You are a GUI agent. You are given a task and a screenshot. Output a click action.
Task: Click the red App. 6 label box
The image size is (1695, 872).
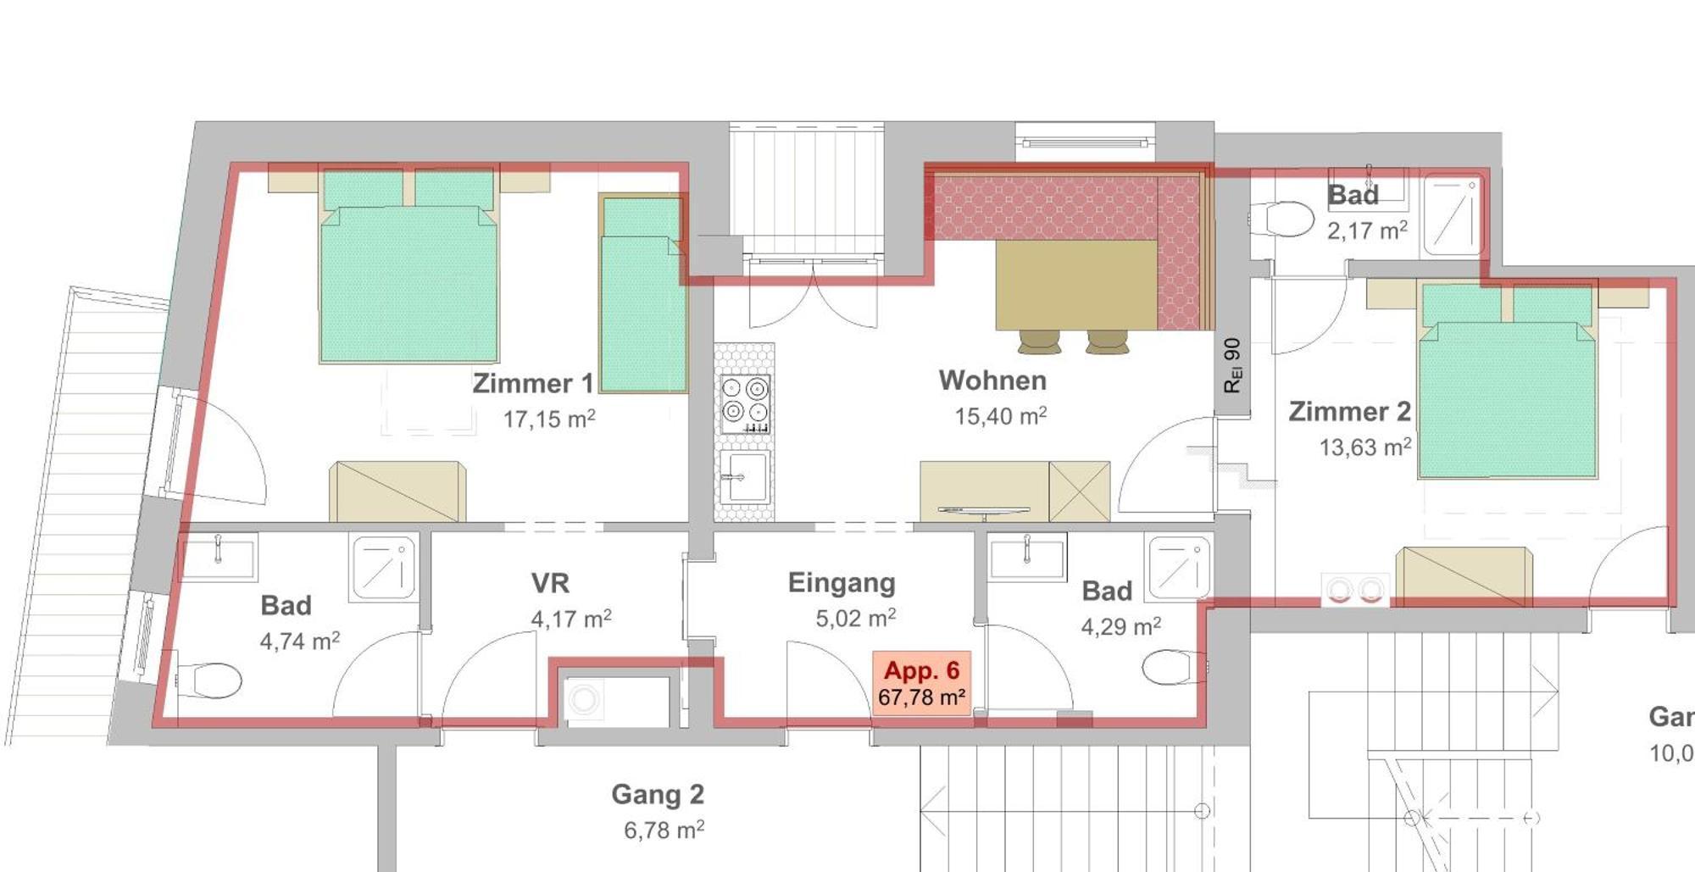tap(921, 683)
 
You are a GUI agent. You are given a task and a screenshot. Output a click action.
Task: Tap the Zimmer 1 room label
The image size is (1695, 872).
tap(532, 383)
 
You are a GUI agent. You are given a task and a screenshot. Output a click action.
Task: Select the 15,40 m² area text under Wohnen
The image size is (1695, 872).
tap(1000, 416)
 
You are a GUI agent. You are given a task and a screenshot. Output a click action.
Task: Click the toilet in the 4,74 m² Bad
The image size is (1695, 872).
tap(210, 680)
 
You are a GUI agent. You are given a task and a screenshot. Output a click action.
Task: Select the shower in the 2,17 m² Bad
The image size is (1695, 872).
tap(1453, 214)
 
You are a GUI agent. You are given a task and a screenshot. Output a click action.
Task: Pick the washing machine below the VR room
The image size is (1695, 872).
tap(584, 700)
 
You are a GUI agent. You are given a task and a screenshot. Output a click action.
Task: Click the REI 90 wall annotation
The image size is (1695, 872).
tap(1232, 365)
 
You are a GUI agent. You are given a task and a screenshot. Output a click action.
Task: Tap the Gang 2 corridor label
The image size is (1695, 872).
tap(658, 794)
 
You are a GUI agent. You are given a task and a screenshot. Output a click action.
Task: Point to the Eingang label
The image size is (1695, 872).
tap(841, 582)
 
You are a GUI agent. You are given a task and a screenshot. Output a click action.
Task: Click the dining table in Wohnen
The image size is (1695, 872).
tap(1075, 285)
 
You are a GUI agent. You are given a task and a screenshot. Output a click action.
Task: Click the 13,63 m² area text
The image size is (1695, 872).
tap(1364, 447)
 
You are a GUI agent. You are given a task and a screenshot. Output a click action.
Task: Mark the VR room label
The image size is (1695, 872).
tap(550, 583)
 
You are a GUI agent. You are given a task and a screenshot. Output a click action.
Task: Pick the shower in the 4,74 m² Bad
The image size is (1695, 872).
tap(384, 567)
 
